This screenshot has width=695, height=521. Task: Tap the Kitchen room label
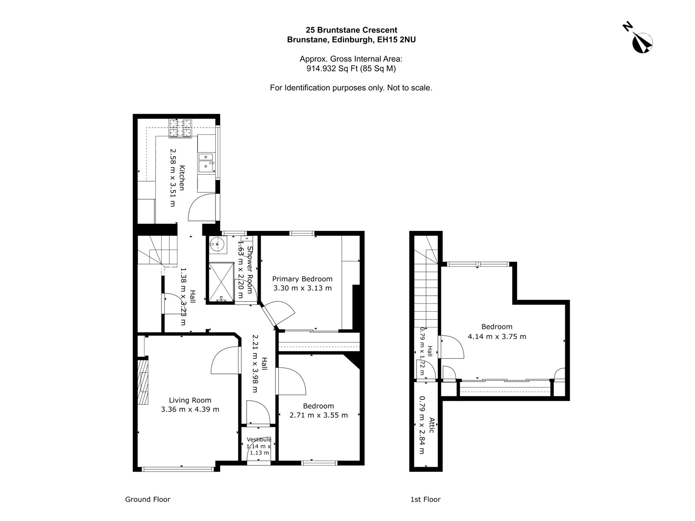tap(182, 178)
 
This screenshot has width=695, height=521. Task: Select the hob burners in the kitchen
tap(180, 128)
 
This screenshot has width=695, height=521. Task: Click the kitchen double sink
tap(206, 162)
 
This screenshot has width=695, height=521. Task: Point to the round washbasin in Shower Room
tap(217, 244)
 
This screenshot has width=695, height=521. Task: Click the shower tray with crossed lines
tap(222, 282)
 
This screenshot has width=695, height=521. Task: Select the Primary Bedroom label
tap(302, 279)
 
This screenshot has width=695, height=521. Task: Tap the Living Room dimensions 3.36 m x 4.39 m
tap(190, 409)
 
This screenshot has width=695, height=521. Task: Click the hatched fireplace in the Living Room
tap(143, 382)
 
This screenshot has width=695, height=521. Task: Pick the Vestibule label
tap(259, 439)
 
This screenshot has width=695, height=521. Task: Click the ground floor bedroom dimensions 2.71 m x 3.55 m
tap(318, 415)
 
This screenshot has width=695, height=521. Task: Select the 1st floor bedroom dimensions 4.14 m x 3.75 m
tap(497, 336)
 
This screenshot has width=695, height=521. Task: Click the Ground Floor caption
tap(148, 499)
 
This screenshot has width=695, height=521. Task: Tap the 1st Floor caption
tap(425, 499)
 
